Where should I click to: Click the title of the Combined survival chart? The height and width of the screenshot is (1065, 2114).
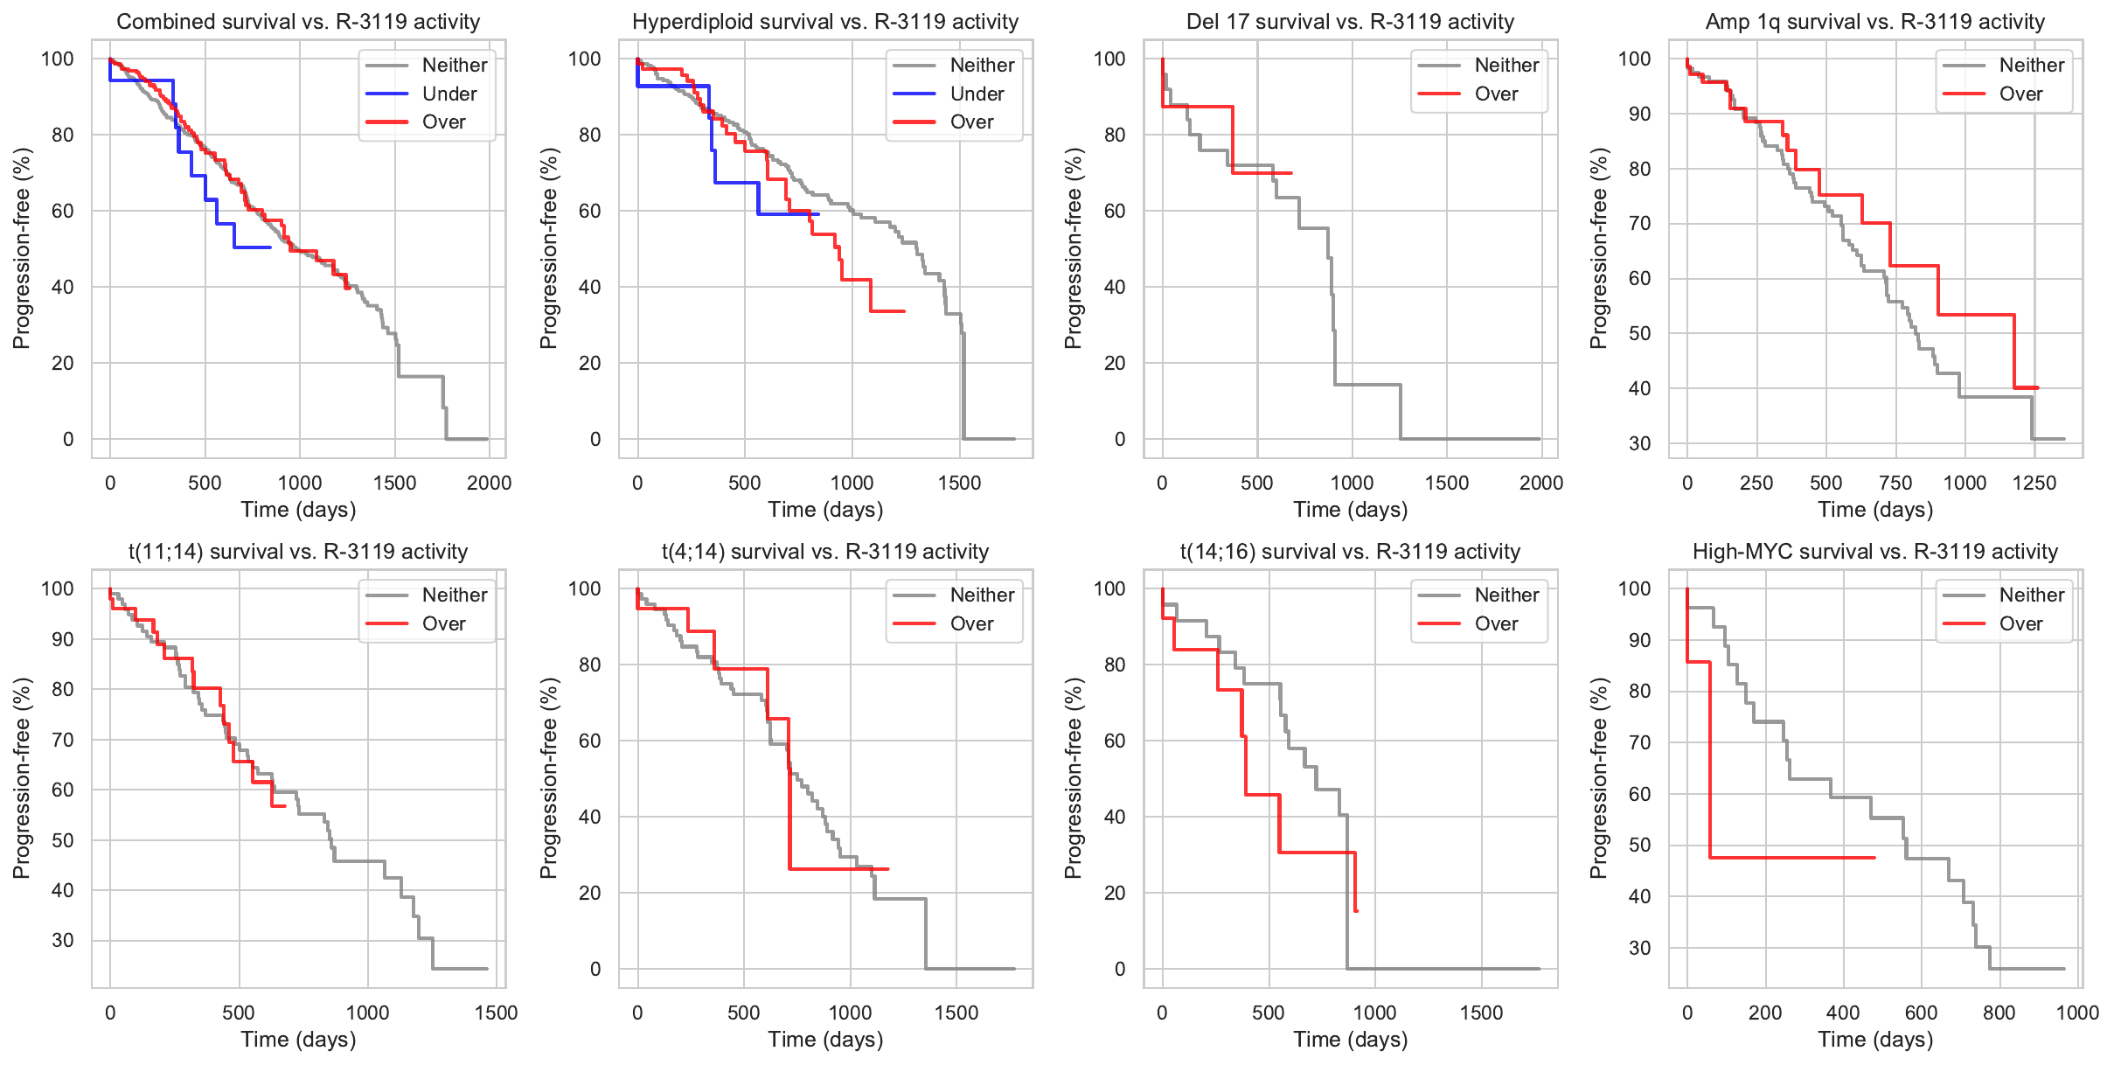tap(298, 22)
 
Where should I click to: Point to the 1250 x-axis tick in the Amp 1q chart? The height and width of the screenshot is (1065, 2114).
tap(2034, 483)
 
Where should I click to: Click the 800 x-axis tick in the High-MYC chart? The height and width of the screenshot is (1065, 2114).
tap(1999, 1013)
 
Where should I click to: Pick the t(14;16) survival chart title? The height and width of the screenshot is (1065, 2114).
tap(1350, 552)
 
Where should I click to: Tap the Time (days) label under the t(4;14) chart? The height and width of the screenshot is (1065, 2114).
tap(825, 1040)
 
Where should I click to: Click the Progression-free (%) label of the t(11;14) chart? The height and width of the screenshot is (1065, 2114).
tap(21, 778)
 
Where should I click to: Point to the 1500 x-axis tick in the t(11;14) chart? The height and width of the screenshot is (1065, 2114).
tap(496, 1013)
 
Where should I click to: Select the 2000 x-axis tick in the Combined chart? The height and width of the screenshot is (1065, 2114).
tap(489, 483)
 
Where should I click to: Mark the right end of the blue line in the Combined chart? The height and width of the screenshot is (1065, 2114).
tap(270, 247)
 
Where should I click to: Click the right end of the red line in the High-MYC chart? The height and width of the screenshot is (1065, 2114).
tap(1875, 858)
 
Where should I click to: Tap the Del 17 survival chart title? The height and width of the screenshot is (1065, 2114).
tap(1350, 22)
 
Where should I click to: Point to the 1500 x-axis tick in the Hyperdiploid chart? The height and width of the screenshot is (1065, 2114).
tap(959, 483)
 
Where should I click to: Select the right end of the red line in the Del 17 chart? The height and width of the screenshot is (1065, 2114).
tap(1291, 173)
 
